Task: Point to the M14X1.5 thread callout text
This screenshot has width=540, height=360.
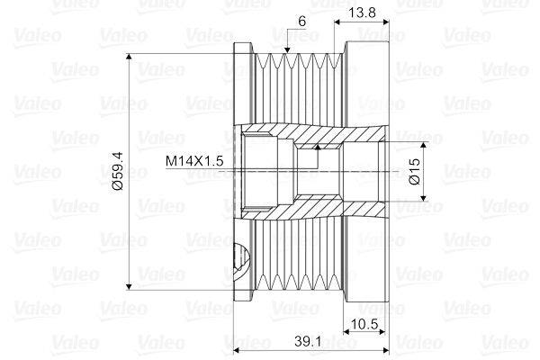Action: click(x=193, y=161)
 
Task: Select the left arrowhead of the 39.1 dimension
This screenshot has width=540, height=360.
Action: click(x=238, y=350)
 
